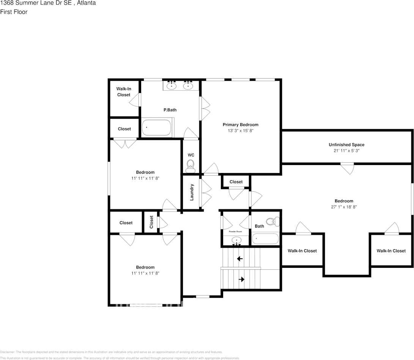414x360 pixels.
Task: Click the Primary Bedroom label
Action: tap(240, 125)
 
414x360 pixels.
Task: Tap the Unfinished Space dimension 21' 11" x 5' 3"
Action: tap(346, 151)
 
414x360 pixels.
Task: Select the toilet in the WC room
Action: tap(190, 165)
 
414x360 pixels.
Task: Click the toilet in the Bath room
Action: tap(272, 221)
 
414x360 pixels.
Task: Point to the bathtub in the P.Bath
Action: tap(157, 128)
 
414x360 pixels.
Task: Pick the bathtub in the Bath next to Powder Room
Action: tap(265, 239)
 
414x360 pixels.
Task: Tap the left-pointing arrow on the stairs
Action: tap(240, 259)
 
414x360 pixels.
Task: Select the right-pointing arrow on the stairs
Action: tap(241, 280)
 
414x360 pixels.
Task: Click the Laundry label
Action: tap(192, 192)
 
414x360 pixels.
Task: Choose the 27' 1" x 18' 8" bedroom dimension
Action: tap(344, 207)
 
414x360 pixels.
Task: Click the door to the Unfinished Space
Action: tap(347, 167)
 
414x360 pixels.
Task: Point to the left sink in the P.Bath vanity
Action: tap(172, 86)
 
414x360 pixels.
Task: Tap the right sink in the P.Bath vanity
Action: tap(188, 86)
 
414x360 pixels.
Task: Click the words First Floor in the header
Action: tap(14, 12)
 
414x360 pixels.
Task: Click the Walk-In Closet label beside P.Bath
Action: tap(123, 92)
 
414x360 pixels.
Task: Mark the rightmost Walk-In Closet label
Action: tap(391, 251)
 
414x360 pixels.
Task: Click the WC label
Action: tap(191, 155)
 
